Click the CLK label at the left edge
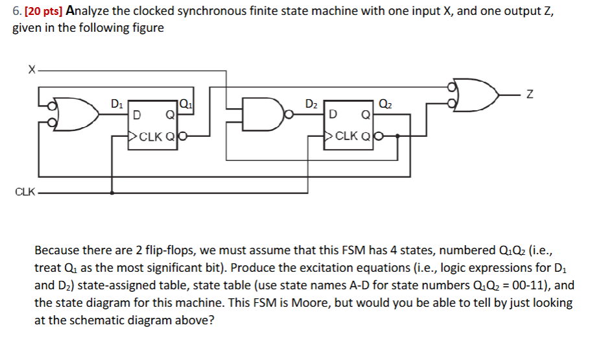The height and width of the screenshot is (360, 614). [x=25, y=193]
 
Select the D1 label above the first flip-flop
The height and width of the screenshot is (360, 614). [x=116, y=102]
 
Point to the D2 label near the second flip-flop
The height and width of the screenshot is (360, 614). [x=312, y=102]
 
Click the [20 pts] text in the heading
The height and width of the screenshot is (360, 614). [x=38, y=11]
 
